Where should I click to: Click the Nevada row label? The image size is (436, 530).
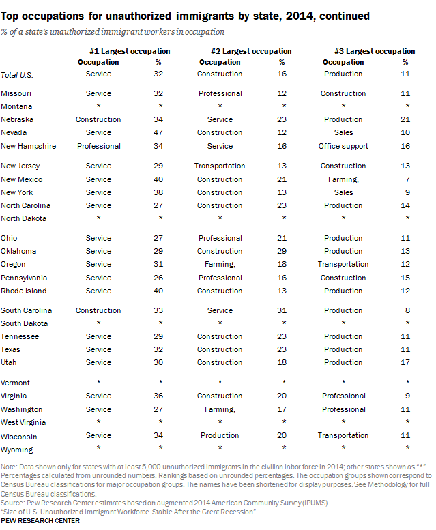14,132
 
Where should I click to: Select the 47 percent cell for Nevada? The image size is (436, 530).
158,132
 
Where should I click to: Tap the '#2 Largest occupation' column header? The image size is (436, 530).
251,51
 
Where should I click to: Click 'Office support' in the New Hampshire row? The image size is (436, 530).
343,146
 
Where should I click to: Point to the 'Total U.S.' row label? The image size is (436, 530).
17,75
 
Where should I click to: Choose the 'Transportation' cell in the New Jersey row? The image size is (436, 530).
220,166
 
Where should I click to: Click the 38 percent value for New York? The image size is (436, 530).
158,192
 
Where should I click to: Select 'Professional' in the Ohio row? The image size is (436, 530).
220,238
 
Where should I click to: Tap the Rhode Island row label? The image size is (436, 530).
24,291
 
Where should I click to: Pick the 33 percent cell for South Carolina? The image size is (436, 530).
158,310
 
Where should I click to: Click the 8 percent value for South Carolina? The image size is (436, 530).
407,310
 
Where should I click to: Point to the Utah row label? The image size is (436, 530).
8,362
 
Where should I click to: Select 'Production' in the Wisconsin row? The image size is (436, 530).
220,435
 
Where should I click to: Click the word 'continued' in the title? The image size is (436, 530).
345,16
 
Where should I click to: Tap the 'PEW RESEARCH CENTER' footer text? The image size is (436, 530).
40,521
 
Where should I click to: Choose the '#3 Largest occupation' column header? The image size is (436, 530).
375,51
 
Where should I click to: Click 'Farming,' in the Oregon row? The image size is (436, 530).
220,265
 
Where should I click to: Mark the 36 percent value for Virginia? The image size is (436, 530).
158,396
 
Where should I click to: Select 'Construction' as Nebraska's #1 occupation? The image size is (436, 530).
98,119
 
